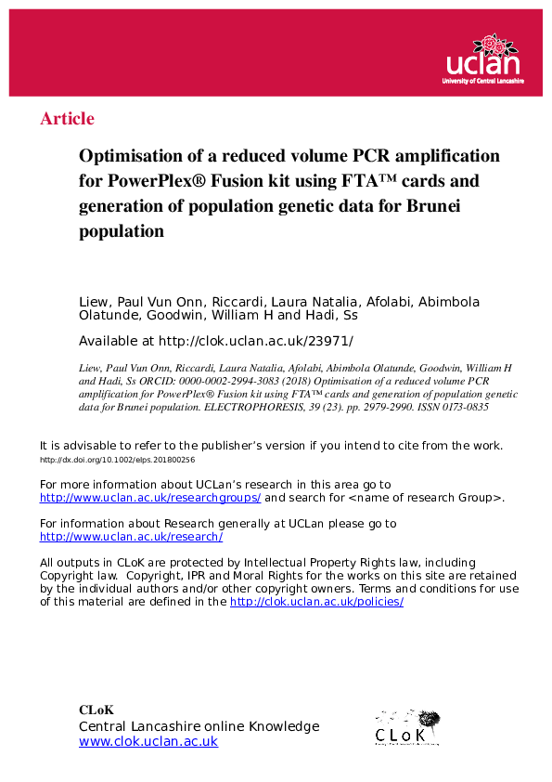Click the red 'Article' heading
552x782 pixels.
point(67,119)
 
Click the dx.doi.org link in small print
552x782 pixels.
point(117,460)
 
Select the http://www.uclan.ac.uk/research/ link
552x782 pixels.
point(131,537)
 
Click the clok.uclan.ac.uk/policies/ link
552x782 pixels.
point(316,602)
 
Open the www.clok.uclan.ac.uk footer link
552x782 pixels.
point(148,742)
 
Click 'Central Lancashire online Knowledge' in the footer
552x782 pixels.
point(199,726)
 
